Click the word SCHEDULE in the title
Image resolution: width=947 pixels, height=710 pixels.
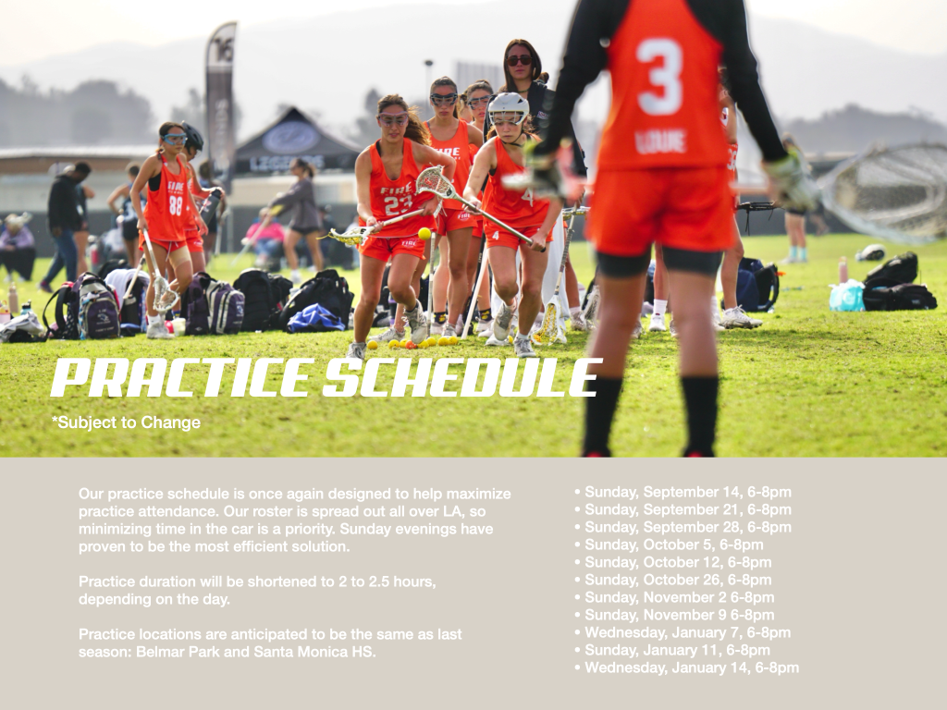pyautogui.click(x=462, y=378)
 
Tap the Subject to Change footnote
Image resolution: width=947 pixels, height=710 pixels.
pyautogui.click(x=126, y=422)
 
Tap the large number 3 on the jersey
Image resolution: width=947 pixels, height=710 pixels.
pyautogui.click(x=658, y=77)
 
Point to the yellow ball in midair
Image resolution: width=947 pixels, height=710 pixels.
pyautogui.click(x=424, y=234)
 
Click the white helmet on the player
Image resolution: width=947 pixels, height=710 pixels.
pyautogui.click(x=508, y=107)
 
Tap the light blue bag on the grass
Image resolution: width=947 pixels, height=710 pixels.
pyautogui.click(x=847, y=296)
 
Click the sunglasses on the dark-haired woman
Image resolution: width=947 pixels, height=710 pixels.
pyautogui.click(x=519, y=60)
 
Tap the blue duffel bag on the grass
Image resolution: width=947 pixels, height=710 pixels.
pyautogui.click(x=315, y=318)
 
